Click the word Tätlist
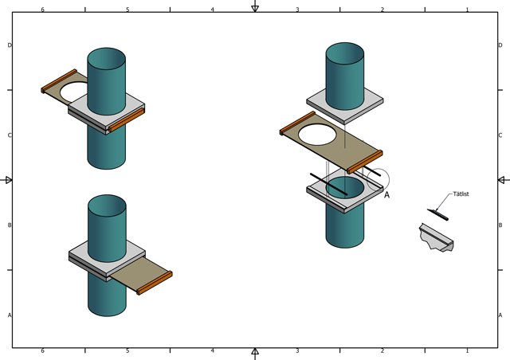(461, 194)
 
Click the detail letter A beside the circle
(386, 195)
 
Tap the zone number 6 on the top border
(42, 10)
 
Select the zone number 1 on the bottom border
(468, 351)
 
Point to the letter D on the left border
(10, 45)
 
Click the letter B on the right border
(500, 225)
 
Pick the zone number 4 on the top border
(213, 10)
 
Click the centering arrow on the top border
(255, 6)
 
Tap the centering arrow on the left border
(6, 180)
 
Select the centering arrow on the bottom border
(255, 354)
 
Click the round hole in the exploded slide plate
(317, 135)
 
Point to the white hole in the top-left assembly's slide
(74, 92)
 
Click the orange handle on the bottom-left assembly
(155, 283)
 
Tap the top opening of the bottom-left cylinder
(107, 205)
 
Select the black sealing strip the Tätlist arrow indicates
(437, 214)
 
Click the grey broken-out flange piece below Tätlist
(436, 237)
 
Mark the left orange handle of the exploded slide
(297, 123)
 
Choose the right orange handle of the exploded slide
(365, 162)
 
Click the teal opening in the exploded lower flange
(345, 187)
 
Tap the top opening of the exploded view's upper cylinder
(345, 53)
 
